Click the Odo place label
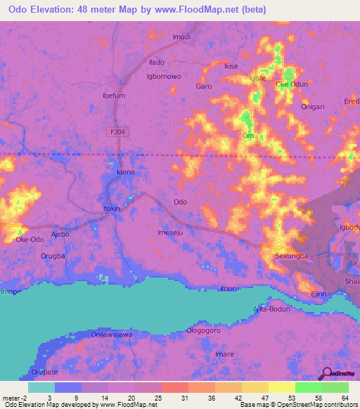181,202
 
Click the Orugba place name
53,256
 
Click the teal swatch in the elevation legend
41,387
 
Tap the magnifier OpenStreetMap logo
328,375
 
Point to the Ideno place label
124,171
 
